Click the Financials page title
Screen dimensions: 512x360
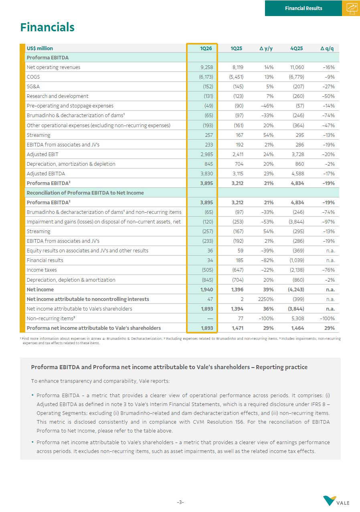tap(47, 27)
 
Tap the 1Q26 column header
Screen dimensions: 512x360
tap(206, 48)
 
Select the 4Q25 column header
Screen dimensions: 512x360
tap(297, 48)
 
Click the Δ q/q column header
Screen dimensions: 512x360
tap(327, 48)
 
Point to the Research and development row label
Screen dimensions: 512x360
tap(57, 96)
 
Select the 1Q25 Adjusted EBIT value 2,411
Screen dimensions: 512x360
tap(237, 154)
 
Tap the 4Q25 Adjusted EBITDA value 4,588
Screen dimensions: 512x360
tap(297, 174)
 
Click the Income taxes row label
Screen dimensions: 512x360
tap(42, 270)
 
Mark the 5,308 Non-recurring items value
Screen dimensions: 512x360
tap(297, 318)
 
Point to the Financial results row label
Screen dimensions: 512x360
tap(45, 260)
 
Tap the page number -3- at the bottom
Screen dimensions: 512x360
tap(180, 502)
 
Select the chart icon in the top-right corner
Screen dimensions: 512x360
tap(351, 8)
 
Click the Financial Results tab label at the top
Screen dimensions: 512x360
tap(303, 8)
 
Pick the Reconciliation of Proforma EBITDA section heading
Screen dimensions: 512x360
tap(85, 193)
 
